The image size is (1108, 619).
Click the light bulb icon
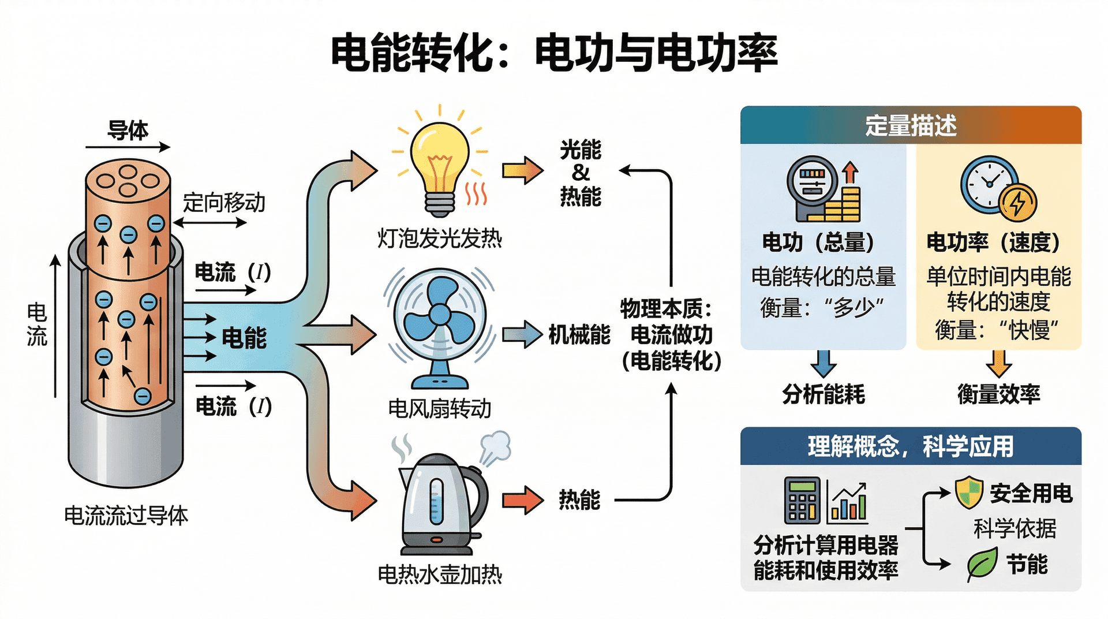coord(440,165)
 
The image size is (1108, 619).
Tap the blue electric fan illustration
coord(440,327)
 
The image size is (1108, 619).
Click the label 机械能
coord(579,335)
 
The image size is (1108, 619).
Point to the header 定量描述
coord(911,125)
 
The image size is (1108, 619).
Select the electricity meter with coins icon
coord(823,190)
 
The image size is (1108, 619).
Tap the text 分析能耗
coord(823,394)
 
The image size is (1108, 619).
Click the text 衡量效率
coord(998,394)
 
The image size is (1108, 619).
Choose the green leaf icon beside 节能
coord(982,564)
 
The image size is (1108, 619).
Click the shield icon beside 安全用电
coord(969,493)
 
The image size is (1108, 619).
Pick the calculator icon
coord(802,499)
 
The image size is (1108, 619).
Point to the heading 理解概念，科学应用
coord(911,446)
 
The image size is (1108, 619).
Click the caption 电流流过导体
coord(126,516)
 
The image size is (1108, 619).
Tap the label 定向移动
coord(224,203)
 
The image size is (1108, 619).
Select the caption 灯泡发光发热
coord(440,238)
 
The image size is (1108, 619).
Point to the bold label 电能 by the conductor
coord(244,338)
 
